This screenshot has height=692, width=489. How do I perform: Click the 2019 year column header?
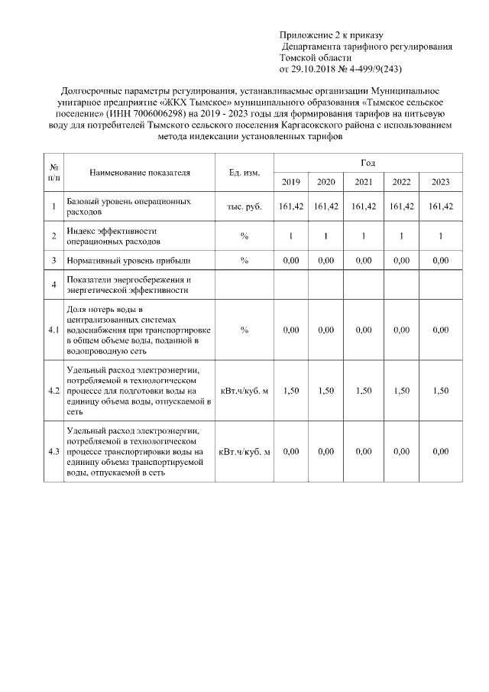tap(291, 181)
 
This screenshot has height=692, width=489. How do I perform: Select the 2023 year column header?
tap(441, 181)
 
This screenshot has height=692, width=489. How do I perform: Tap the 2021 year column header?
tap(364, 181)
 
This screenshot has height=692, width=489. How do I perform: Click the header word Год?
tap(368, 163)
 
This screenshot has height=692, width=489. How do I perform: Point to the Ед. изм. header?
tap(244, 173)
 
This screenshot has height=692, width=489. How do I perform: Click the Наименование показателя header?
tap(140, 173)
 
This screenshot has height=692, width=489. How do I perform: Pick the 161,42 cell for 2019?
tap(291, 206)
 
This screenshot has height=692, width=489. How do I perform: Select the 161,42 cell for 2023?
tap(441, 206)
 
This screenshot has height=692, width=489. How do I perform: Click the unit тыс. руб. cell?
tap(244, 206)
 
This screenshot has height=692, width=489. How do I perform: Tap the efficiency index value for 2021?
tap(364, 236)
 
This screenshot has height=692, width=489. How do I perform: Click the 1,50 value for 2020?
tap(326, 391)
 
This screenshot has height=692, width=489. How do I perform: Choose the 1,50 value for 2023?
tap(441, 391)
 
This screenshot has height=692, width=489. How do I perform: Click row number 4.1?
tap(54, 330)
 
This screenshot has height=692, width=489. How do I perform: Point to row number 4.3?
tap(54, 452)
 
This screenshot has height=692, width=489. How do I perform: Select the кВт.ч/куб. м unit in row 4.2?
tap(244, 391)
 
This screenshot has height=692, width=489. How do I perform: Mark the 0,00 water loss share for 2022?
tap(402, 330)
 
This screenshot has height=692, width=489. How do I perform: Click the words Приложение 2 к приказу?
tap(331, 35)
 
